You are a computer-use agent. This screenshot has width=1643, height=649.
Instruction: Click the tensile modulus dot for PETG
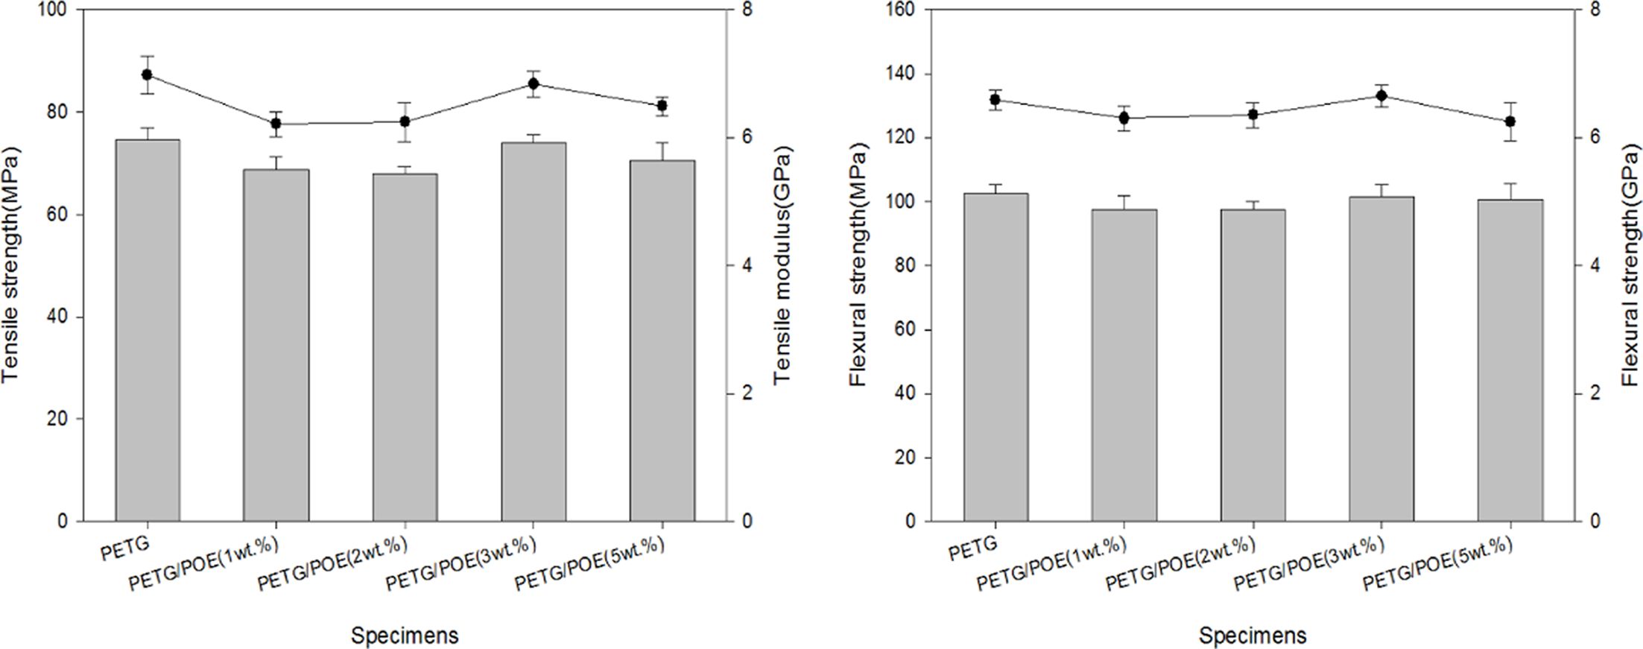pos(147,75)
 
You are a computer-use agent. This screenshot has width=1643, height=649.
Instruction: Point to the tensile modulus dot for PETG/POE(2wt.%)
pos(405,121)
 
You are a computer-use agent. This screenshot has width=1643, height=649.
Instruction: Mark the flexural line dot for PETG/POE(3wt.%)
pos(1381,95)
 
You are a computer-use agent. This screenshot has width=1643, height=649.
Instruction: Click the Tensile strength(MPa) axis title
pos(10,265)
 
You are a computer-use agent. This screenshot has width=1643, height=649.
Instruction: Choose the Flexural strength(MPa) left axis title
pos(859,265)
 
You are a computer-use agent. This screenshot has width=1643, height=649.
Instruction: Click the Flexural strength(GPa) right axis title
pos(1632,265)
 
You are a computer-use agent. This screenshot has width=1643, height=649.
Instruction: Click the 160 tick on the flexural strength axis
pos(902,10)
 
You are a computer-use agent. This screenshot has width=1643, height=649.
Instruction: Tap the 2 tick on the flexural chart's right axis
pos(1595,393)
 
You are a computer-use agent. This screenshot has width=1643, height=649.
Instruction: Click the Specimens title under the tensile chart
pos(405,636)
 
